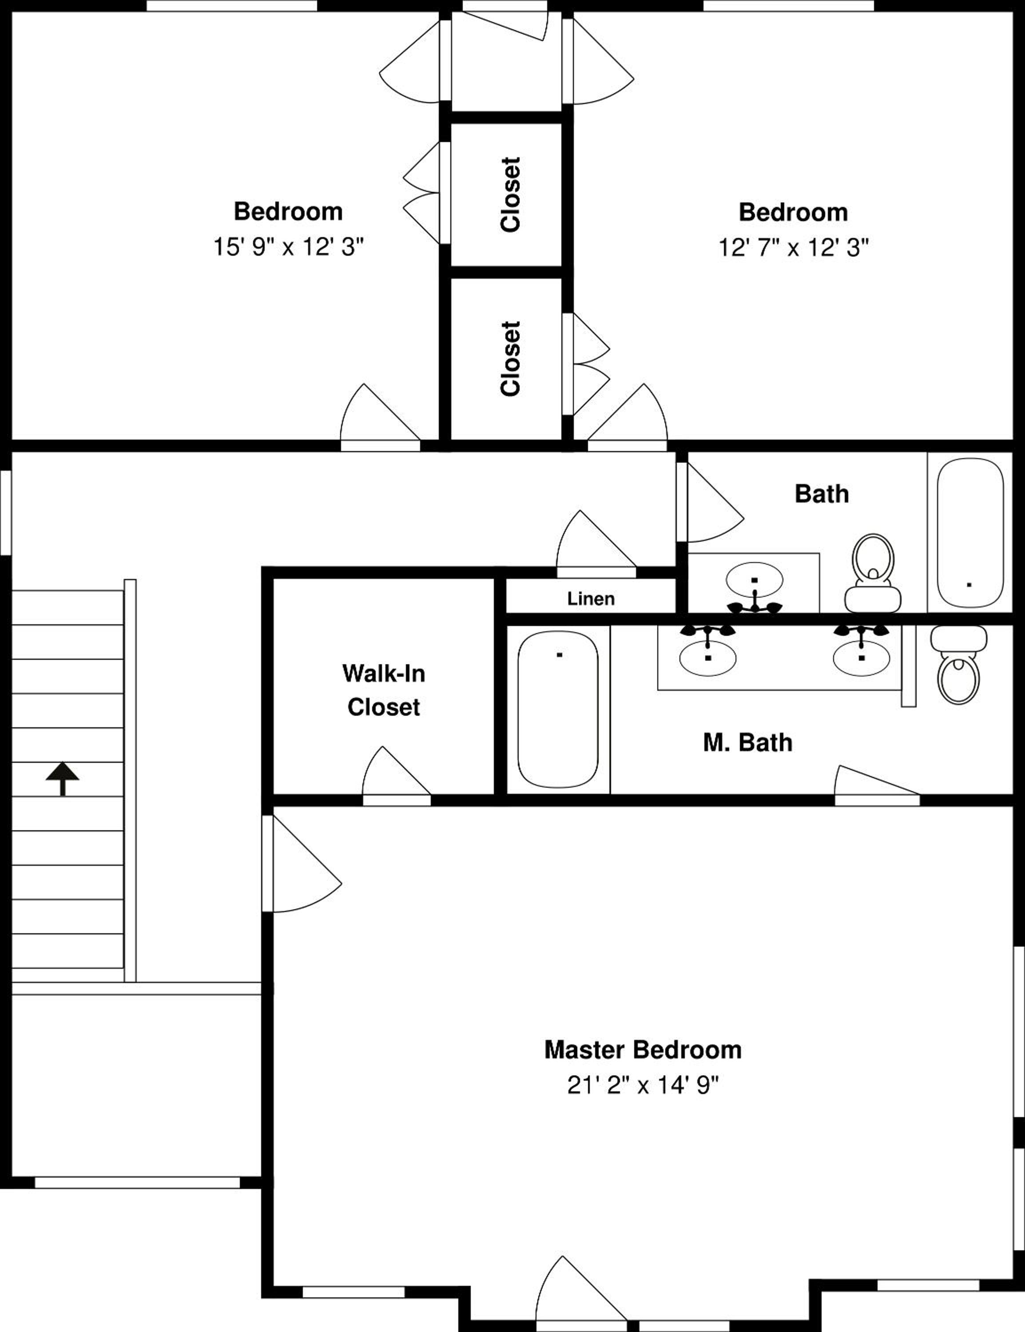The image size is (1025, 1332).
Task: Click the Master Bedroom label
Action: (x=643, y=1050)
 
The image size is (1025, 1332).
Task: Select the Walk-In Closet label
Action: (x=383, y=690)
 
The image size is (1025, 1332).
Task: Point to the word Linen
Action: (x=591, y=599)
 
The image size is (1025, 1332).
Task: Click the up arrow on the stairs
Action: (x=62, y=779)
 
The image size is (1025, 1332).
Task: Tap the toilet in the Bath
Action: (x=873, y=573)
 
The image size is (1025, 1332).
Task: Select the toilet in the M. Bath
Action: (x=958, y=665)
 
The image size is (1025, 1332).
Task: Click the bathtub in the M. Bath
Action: (x=558, y=710)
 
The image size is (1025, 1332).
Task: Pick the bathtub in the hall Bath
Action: (x=969, y=532)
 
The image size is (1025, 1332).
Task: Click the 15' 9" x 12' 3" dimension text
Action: (x=288, y=247)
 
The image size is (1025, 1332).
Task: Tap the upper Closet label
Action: (x=510, y=194)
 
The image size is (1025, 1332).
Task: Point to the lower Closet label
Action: (x=510, y=359)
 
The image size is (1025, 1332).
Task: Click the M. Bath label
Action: (x=747, y=742)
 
